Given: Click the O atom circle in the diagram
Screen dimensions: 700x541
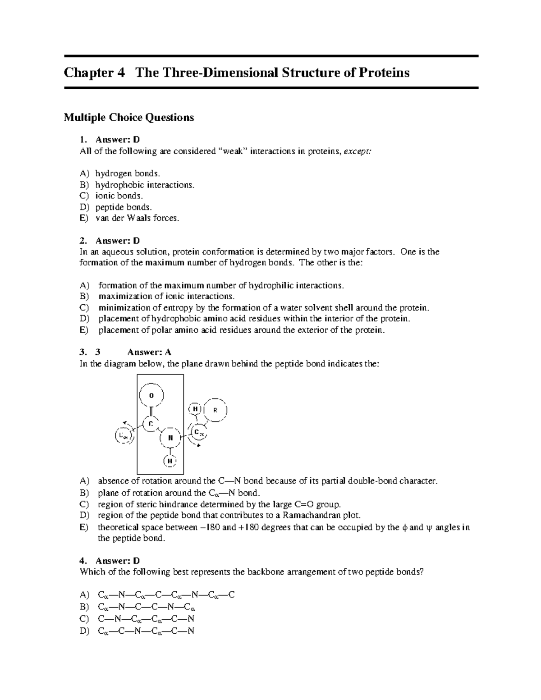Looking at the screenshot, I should point(151,395).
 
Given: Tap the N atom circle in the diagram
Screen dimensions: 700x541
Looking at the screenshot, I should point(170,438).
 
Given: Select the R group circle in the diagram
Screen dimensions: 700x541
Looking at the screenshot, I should point(215,410).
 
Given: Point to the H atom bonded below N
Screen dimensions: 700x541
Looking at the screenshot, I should point(170,461).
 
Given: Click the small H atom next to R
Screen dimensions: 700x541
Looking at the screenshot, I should point(195,409).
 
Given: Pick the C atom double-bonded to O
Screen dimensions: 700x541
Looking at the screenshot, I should point(151,424).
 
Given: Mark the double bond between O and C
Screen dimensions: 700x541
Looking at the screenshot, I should point(151,411).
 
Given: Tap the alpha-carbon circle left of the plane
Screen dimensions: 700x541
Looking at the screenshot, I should point(123,435).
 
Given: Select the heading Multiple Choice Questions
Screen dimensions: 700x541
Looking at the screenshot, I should point(129,118).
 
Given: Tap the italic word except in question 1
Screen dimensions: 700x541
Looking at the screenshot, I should point(358,151).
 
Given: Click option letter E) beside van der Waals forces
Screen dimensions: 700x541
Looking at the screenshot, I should point(84,219).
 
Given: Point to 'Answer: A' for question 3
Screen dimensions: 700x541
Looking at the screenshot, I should point(149,352).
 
